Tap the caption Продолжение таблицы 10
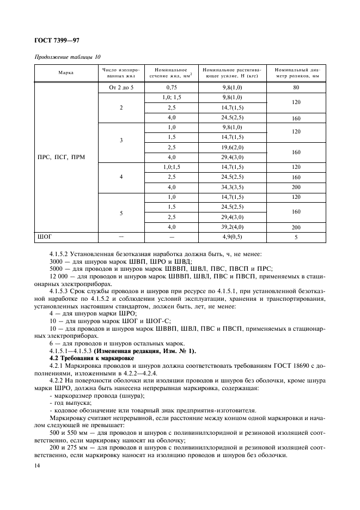(68, 57)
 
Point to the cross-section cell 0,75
(172, 87)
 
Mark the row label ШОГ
(45, 237)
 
